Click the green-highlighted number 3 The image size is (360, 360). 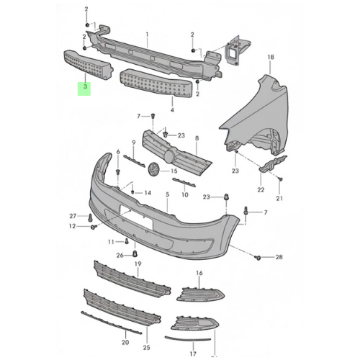coord(85,86)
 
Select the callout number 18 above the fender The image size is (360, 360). coord(271,57)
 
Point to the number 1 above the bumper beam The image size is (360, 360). coord(147,35)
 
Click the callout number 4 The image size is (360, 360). coord(172,110)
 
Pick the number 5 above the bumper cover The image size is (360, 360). coord(167,194)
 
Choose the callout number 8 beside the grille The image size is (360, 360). coord(197,138)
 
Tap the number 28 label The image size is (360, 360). coord(279,257)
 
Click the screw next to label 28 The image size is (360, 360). coord(258,258)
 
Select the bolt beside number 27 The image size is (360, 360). coord(90,217)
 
